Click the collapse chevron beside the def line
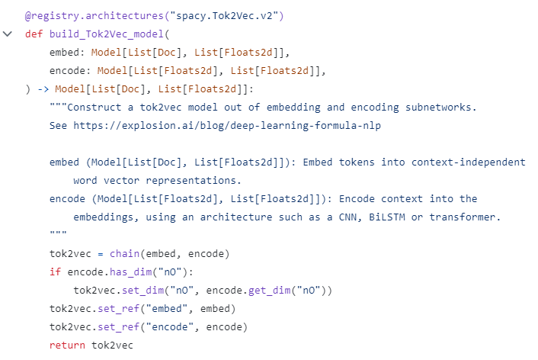(8, 35)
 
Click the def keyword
(34, 34)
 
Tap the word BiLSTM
(387, 217)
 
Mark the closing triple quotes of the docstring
(58, 235)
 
